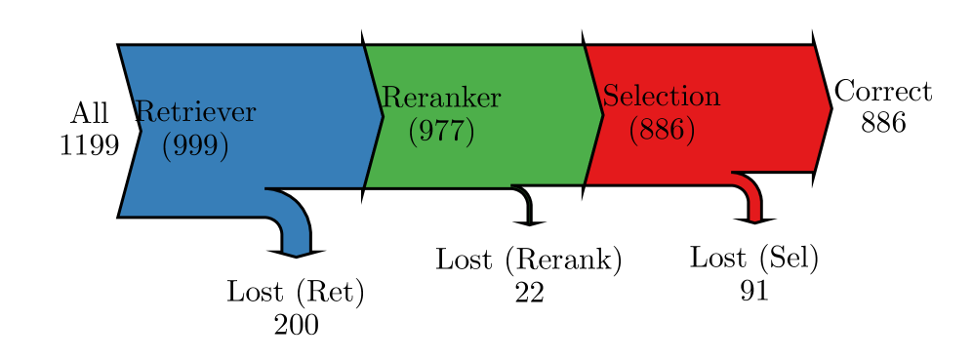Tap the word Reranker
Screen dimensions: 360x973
[x=441, y=98]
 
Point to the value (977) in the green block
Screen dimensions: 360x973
[x=441, y=130]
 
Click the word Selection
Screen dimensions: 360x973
[x=662, y=97]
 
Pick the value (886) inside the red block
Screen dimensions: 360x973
[x=662, y=129]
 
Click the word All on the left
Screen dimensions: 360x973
[x=90, y=113]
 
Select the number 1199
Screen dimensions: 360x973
[x=89, y=145]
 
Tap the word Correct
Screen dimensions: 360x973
[x=883, y=92]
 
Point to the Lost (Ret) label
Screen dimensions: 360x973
[x=296, y=292]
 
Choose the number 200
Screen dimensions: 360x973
[x=296, y=324]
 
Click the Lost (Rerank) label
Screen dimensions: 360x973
[x=528, y=260]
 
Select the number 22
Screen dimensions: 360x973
[x=529, y=292]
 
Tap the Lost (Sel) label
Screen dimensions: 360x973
[x=753, y=258]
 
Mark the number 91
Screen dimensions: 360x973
[x=754, y=290]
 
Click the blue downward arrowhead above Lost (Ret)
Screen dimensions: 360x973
[x=296, y=253]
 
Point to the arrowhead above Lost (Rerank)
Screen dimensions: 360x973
[x=529, y=221]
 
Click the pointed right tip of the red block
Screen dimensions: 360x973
[x=831, y=108]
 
